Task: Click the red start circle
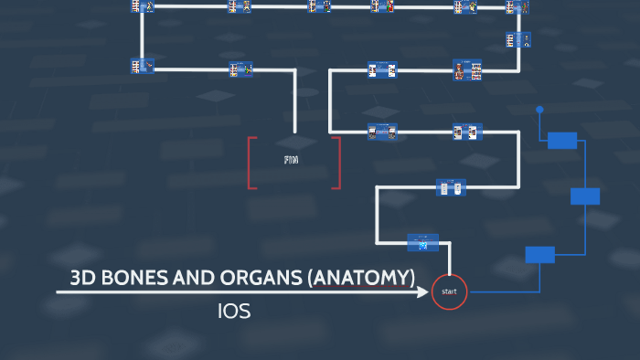449,291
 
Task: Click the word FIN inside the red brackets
292,160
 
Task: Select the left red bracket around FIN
251,163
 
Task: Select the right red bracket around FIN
336,163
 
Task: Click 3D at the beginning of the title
84,278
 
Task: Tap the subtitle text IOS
234,312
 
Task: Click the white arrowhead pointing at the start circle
424,292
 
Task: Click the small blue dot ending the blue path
539,110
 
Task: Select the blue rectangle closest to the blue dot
562,140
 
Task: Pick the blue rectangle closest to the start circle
539,255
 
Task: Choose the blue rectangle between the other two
585,196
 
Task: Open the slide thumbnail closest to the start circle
422,243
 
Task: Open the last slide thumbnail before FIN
241,68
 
